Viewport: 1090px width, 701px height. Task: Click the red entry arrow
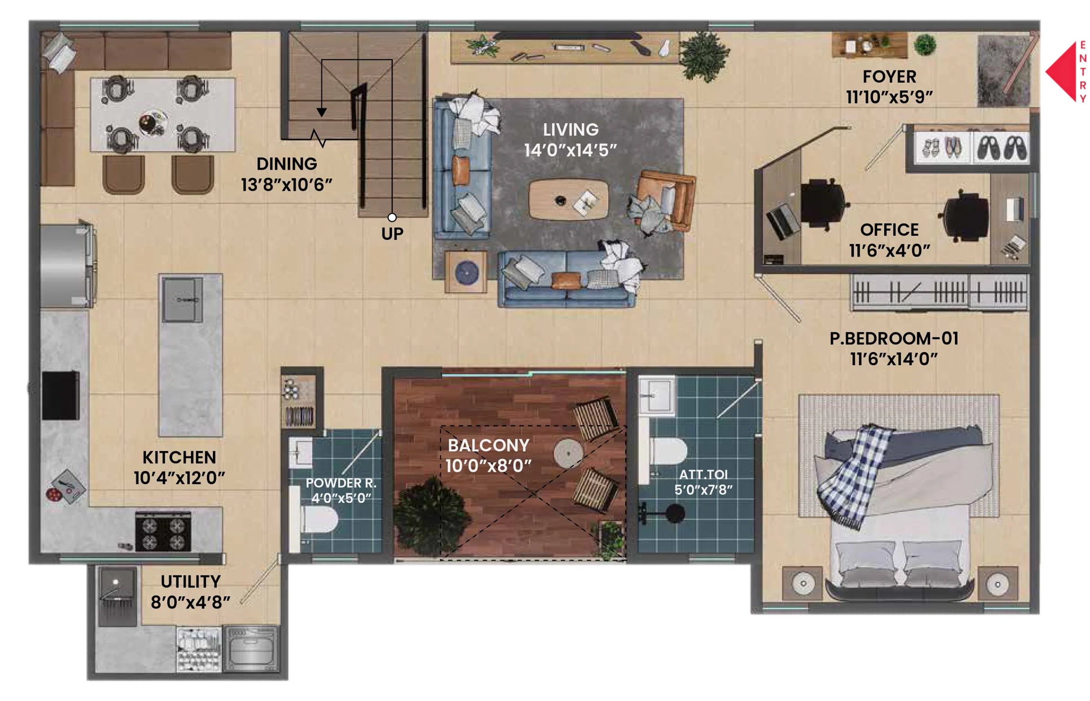pos(1061,72)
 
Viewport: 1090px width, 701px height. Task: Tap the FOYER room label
pos(889,77)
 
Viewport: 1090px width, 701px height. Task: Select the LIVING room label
pos(571,130)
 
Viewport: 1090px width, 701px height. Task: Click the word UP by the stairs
pos(392,234)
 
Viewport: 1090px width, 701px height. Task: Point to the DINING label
pos(286,164)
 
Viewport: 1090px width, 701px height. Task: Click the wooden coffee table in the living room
pos(568,199)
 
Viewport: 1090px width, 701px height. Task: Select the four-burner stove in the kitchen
pos(163,532)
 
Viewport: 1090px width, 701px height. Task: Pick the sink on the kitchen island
pos(182,299)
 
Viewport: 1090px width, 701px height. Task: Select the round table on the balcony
pos(568,453)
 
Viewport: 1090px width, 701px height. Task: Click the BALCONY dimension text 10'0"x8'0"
pos(488,466)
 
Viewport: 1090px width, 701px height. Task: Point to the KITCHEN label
pos(179,458)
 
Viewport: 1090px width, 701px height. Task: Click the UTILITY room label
pos(191,582)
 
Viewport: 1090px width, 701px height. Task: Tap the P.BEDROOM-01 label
pos(894,339)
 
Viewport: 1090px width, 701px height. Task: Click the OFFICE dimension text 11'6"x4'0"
pos(889,251)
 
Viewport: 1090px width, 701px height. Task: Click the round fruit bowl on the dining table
pos(152,123)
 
